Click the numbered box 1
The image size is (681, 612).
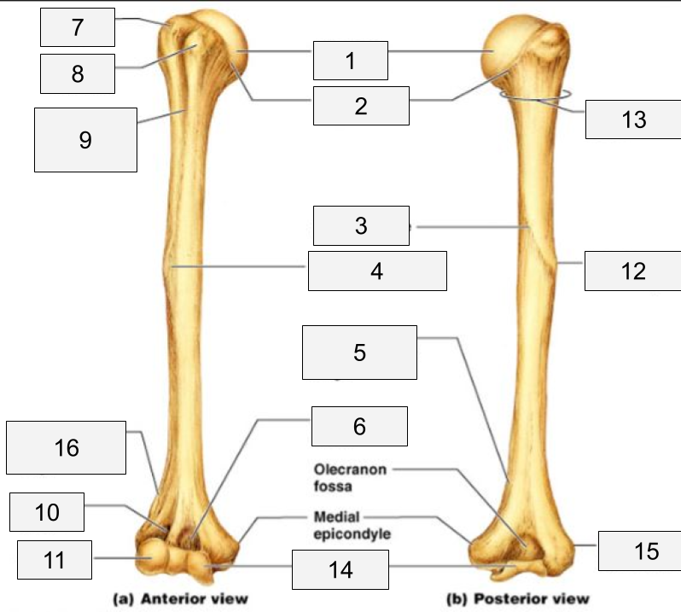(x=350, y=60)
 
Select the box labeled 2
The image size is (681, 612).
(x=359, y=106)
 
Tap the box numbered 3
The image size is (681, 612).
(x=359, y=225)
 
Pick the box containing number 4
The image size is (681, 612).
(x=376, y=271)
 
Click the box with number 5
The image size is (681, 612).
(x=359, y=352)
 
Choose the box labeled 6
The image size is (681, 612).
(x=358, y=426)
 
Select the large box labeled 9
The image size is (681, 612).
(x=84, y=139)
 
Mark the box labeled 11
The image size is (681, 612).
(x=54, y=560)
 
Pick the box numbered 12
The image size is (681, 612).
(x=632, y=271)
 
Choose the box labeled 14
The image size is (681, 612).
(x=340, y=569)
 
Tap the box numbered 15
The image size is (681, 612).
(x=639, y=551)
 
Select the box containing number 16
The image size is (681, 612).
(x=66, y=447)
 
